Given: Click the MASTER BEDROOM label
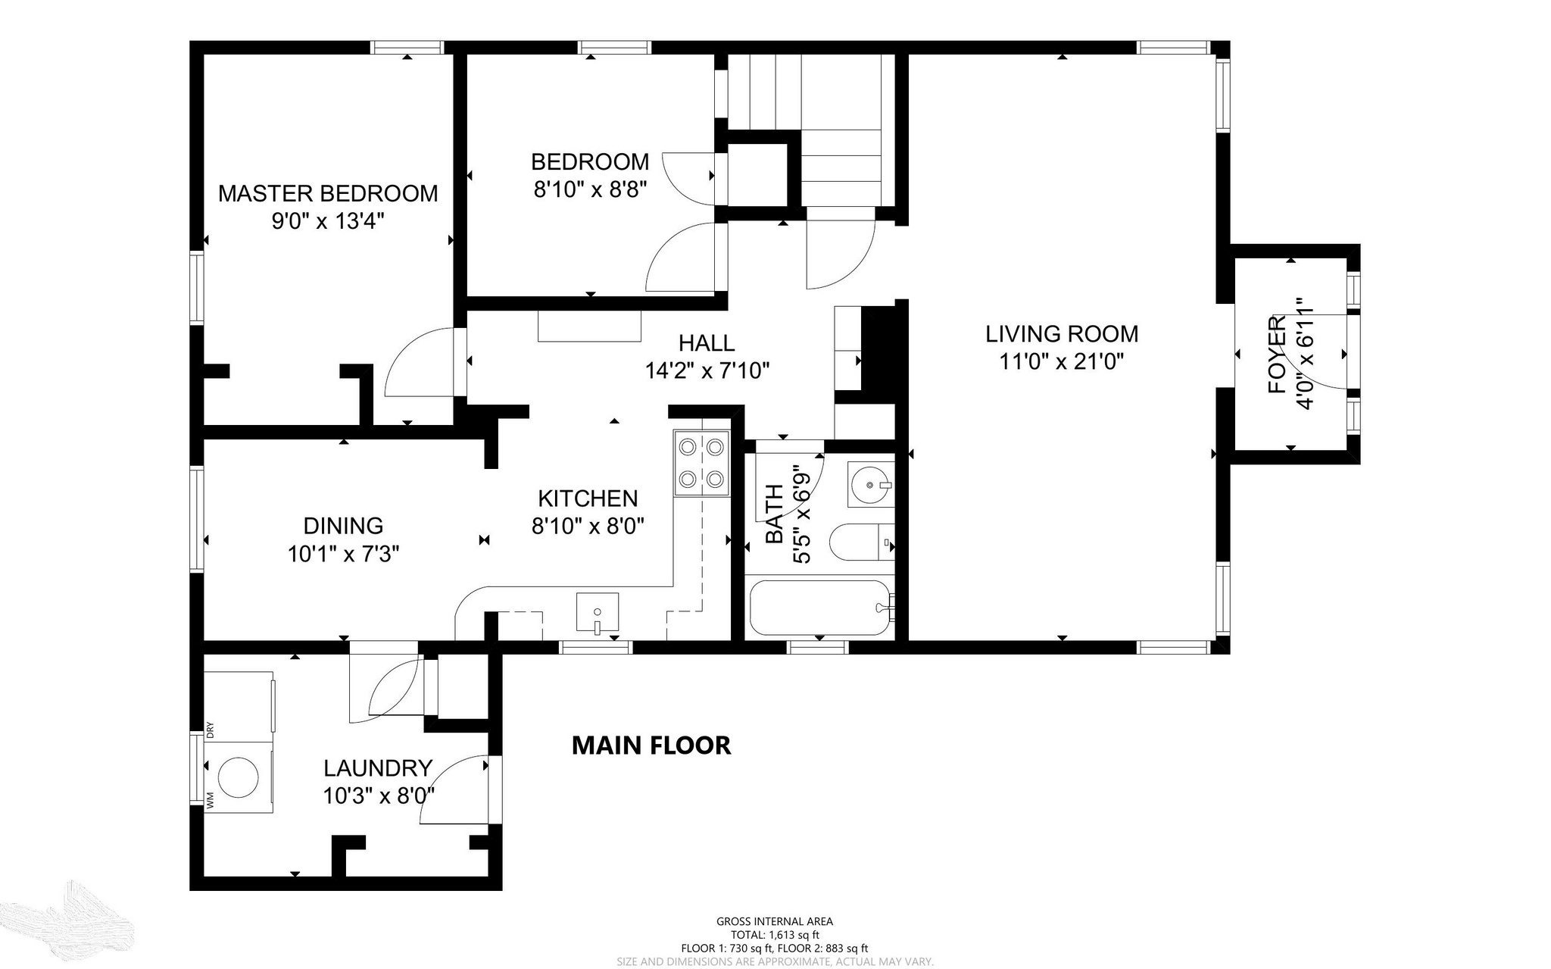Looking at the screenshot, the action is click(328, 193).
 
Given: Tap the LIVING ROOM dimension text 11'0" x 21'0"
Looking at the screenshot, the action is click(1061, 361).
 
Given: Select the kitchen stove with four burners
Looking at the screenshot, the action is click(701, 463).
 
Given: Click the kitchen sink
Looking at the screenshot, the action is click(598, 612).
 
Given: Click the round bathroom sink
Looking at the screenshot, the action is click(870, 484).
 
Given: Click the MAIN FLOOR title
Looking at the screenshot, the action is click(651, 746).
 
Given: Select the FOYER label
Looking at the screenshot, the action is click(1278, 355).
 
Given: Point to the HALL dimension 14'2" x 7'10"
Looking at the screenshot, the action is click(707, 370).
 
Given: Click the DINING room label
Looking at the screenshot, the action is click(343, 525).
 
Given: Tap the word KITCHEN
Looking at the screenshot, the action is click(588, 498).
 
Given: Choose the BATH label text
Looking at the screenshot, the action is click(774, 514).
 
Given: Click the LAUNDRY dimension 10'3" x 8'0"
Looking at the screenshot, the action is click(379, 796).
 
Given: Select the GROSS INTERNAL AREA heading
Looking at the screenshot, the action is click(775, 921).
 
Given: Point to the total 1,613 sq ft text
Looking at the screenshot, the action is click(775, 935).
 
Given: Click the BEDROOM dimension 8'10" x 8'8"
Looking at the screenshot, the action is click(590, 189).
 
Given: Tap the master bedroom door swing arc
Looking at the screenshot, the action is click(401, 349).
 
